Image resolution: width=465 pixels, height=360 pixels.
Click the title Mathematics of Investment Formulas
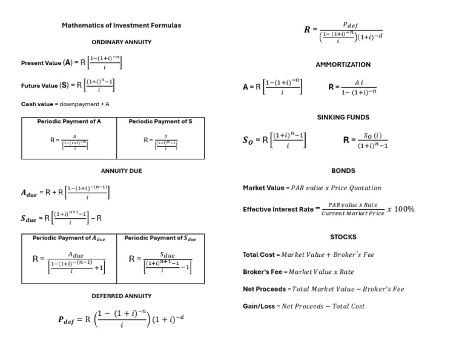[121, 25]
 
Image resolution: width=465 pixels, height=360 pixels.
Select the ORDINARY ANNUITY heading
[121, 42]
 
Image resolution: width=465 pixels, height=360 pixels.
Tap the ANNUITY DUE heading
[121, 171]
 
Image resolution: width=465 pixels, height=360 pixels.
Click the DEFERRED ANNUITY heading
[121, 296]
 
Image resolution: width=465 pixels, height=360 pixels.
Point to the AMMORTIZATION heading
[343, 64]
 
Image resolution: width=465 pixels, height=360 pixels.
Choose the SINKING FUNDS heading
[343, 117]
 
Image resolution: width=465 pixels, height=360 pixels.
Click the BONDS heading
[343, 171]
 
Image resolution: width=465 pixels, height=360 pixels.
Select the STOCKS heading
[343, 237]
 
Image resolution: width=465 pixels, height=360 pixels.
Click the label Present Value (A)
[47, 62]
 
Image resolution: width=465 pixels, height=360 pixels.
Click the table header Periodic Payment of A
[69, 121]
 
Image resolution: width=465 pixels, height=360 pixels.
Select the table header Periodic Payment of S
[160, 121]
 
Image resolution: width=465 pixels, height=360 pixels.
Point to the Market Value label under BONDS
[263, 188]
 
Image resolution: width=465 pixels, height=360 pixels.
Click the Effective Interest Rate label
[278, 210]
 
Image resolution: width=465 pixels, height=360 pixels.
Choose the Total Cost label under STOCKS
[259, 255]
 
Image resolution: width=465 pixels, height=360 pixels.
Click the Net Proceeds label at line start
[264, 289]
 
